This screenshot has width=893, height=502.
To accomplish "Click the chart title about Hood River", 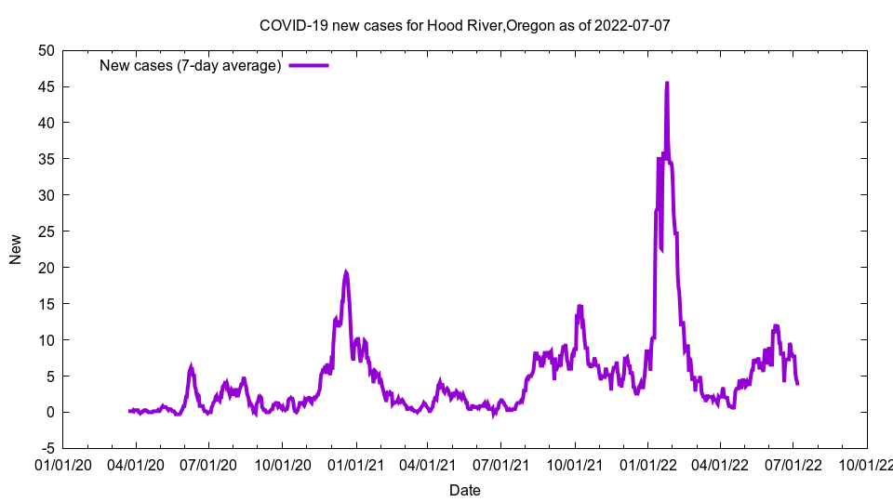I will (x=464, y=25).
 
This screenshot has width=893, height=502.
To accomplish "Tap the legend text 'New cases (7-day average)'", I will (x=190, y=65).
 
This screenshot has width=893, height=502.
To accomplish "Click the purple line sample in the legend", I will (x=308, y=65).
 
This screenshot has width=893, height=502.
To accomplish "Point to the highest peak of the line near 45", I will (x=667, y=83).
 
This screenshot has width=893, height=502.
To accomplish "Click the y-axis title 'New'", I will (x=16, y=249).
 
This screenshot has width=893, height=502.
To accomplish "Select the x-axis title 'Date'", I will (x=464, y=490).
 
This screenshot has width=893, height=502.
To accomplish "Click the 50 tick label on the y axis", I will (x=46, y=50).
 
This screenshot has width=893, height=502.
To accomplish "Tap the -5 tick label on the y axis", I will (x=46, y=448).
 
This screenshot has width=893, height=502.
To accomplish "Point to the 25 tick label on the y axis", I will (x=46, y=231).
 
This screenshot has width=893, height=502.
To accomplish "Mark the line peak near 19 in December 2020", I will (x=346, y=272).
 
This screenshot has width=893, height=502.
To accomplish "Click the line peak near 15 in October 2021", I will (x=580, y=306).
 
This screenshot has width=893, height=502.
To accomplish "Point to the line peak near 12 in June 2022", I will (x=776, y=326).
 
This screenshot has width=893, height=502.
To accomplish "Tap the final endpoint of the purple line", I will (x=797, y=383).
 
